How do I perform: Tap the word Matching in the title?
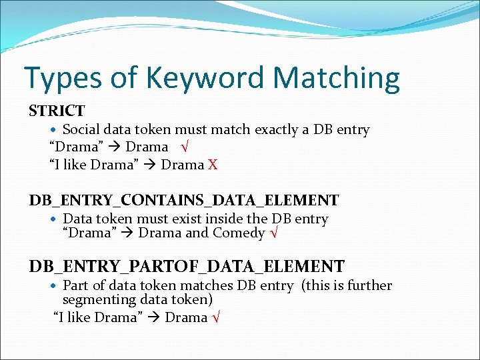click(337, 79)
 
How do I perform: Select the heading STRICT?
click(57, 111)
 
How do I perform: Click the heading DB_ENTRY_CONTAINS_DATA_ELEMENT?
click(183, 200)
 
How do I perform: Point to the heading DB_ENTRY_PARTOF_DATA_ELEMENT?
click(186, 267)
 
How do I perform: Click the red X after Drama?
click(213, 165)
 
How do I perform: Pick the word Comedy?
click(239, 233)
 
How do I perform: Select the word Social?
click(82, 130)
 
